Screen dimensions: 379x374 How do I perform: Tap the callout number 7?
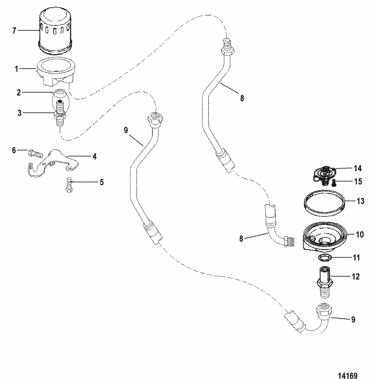coord(14,31)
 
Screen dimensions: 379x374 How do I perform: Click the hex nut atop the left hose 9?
coord(154,120)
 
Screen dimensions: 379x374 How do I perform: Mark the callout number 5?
coord(101,182)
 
